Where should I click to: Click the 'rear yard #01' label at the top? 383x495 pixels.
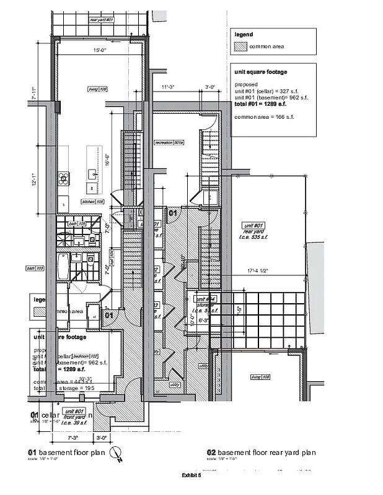[x=102, y=20]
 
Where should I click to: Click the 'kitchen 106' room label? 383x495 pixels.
[x=92, y=202]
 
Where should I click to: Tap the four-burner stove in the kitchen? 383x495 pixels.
[x=63, y=178]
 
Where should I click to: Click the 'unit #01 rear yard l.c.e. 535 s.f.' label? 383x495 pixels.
[x=254, y=231]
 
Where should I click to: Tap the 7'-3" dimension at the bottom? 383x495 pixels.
[x=72, y=438]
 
